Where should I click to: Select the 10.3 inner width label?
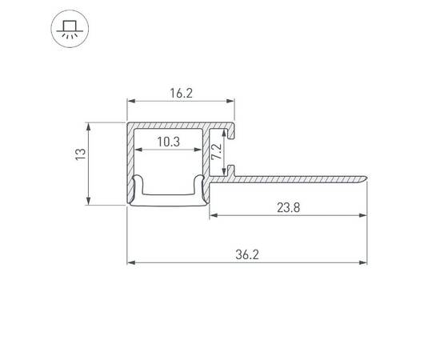click(168, 142)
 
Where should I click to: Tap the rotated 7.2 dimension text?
click(216, 152)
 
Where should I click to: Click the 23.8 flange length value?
click(290, 206)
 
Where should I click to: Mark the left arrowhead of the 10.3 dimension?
click(138, 150)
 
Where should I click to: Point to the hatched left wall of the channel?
click(129, 160)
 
